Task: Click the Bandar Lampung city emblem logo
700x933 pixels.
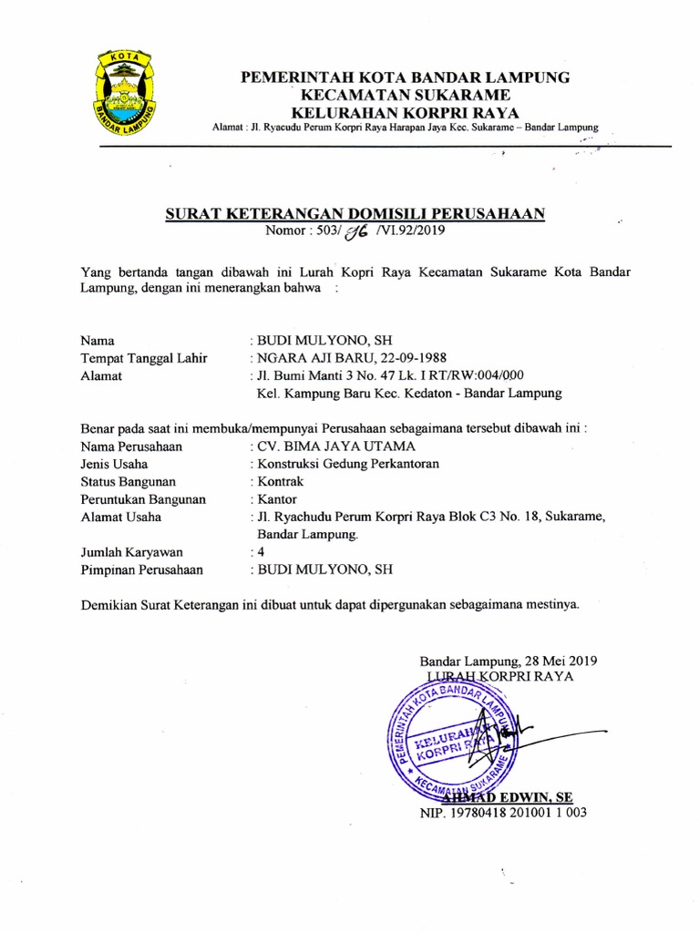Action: point(125,96)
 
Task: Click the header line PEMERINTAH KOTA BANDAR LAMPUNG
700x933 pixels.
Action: point(405,77)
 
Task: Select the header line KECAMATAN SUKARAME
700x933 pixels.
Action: point(405,95)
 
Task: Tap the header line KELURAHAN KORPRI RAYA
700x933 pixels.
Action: point(405,112)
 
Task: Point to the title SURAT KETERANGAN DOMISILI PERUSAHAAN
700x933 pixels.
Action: point(355,214)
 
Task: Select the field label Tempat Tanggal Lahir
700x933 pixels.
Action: point(143,357)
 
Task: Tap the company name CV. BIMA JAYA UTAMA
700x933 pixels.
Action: point(336,446)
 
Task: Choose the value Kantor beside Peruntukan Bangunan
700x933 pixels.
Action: point(277,499)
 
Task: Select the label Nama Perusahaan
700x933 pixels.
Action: point(131,446)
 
